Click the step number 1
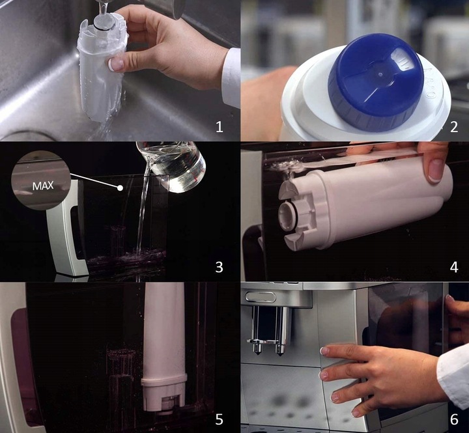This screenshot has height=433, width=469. [219, 126]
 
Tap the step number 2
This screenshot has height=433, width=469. [453, 126]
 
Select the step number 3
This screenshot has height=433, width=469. [219, 267]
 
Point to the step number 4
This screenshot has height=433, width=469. [453, 267]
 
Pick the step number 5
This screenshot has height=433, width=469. [219, 419]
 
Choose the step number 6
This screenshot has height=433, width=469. [453, 419]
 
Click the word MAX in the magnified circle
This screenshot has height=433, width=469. [44, 186]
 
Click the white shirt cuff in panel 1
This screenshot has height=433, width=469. [231, 78]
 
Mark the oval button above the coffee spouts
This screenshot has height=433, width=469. [260, 297]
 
